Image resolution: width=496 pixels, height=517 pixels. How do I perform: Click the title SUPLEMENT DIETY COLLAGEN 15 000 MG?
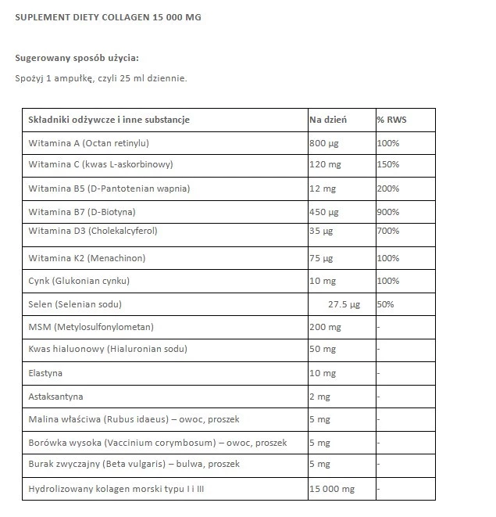click(108, 16)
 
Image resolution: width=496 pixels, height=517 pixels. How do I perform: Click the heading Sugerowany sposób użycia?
click(77, 58)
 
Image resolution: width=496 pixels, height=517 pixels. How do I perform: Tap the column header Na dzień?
click(328, 120)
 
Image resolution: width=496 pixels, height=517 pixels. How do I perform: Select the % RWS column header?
click(391, 120)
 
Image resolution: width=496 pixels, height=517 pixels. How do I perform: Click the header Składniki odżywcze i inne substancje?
click(109, 120)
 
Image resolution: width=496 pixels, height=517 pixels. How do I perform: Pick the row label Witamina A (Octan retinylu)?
click(88, 143)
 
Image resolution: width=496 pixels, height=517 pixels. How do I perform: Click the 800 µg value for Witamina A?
click(323, 143)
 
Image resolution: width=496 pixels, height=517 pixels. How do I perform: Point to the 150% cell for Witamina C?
click(388, 164)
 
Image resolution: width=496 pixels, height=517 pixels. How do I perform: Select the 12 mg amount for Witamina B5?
click(321, 188)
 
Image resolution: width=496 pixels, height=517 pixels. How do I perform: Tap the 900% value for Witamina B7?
click(388, 212)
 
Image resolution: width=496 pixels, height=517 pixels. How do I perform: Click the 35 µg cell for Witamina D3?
click(321, 232)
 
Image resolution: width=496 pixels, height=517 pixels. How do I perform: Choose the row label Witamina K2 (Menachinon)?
click(87, 257)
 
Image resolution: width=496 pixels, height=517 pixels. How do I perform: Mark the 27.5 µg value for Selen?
click(344, 303)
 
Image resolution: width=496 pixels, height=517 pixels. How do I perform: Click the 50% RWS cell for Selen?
click(385, 303)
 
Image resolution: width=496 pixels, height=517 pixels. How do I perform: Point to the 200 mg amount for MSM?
click(326, 327)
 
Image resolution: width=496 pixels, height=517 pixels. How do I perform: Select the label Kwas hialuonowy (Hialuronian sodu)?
click(108, 349)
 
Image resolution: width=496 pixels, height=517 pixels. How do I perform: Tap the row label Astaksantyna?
click(55, 397)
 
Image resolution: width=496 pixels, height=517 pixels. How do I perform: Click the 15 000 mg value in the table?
click(332, 489)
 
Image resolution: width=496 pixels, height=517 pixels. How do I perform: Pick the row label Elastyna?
click(45, 373)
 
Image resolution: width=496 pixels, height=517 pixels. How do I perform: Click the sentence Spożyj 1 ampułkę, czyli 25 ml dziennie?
click(101, 78)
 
